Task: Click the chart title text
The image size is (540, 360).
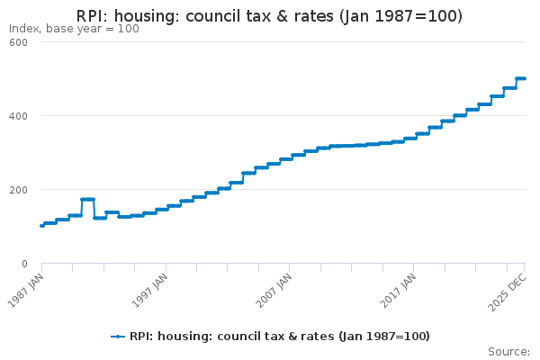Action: click(270, 15)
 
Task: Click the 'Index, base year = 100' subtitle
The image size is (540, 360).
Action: click(74, 29)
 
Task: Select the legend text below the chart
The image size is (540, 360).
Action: click(279, 337)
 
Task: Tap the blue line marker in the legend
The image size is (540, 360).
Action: click(118, 337)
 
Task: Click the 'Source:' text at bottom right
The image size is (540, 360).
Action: click(508, 351)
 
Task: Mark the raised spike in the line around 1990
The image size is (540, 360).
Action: click(87, 199)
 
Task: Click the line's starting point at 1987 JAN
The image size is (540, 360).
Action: click(42, 226)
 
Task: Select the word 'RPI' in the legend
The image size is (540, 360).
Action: click(140, 337)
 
